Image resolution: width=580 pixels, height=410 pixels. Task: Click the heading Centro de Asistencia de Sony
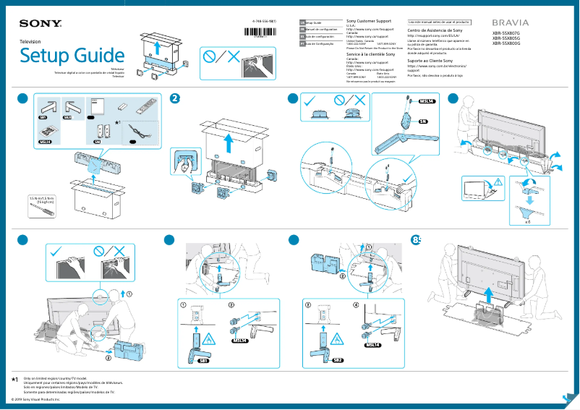coord(435,31)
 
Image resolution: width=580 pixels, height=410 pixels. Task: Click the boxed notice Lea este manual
coord(439,22)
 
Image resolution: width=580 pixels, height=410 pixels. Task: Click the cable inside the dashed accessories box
coord(135,133)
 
